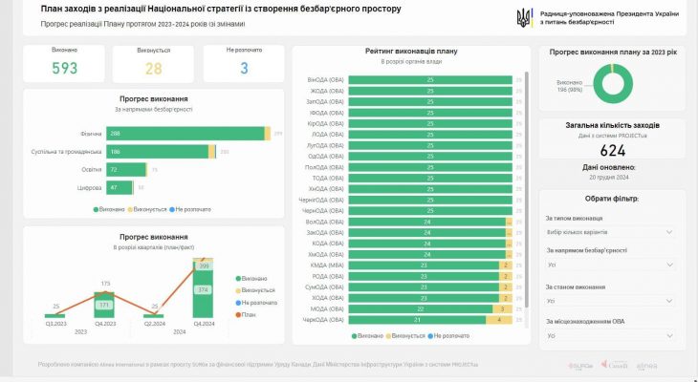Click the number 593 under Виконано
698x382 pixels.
pyautogui.click(x=65, y=68)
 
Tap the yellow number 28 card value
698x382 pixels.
pyautogui.click(x=153, y=68)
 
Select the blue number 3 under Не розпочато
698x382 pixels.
pyautogui.click(x=244, y=68)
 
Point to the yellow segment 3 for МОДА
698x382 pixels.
pyautogui.click(x=501, y=308)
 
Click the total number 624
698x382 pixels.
pyautogui.click(x=613, y=150)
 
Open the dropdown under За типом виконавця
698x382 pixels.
pyautogui.click(x=611, y=232)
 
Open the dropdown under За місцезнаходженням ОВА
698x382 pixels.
pyautogui.click(x=611, y=335)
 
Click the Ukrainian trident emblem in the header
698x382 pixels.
pyautogui.click(x=524, y=18)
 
